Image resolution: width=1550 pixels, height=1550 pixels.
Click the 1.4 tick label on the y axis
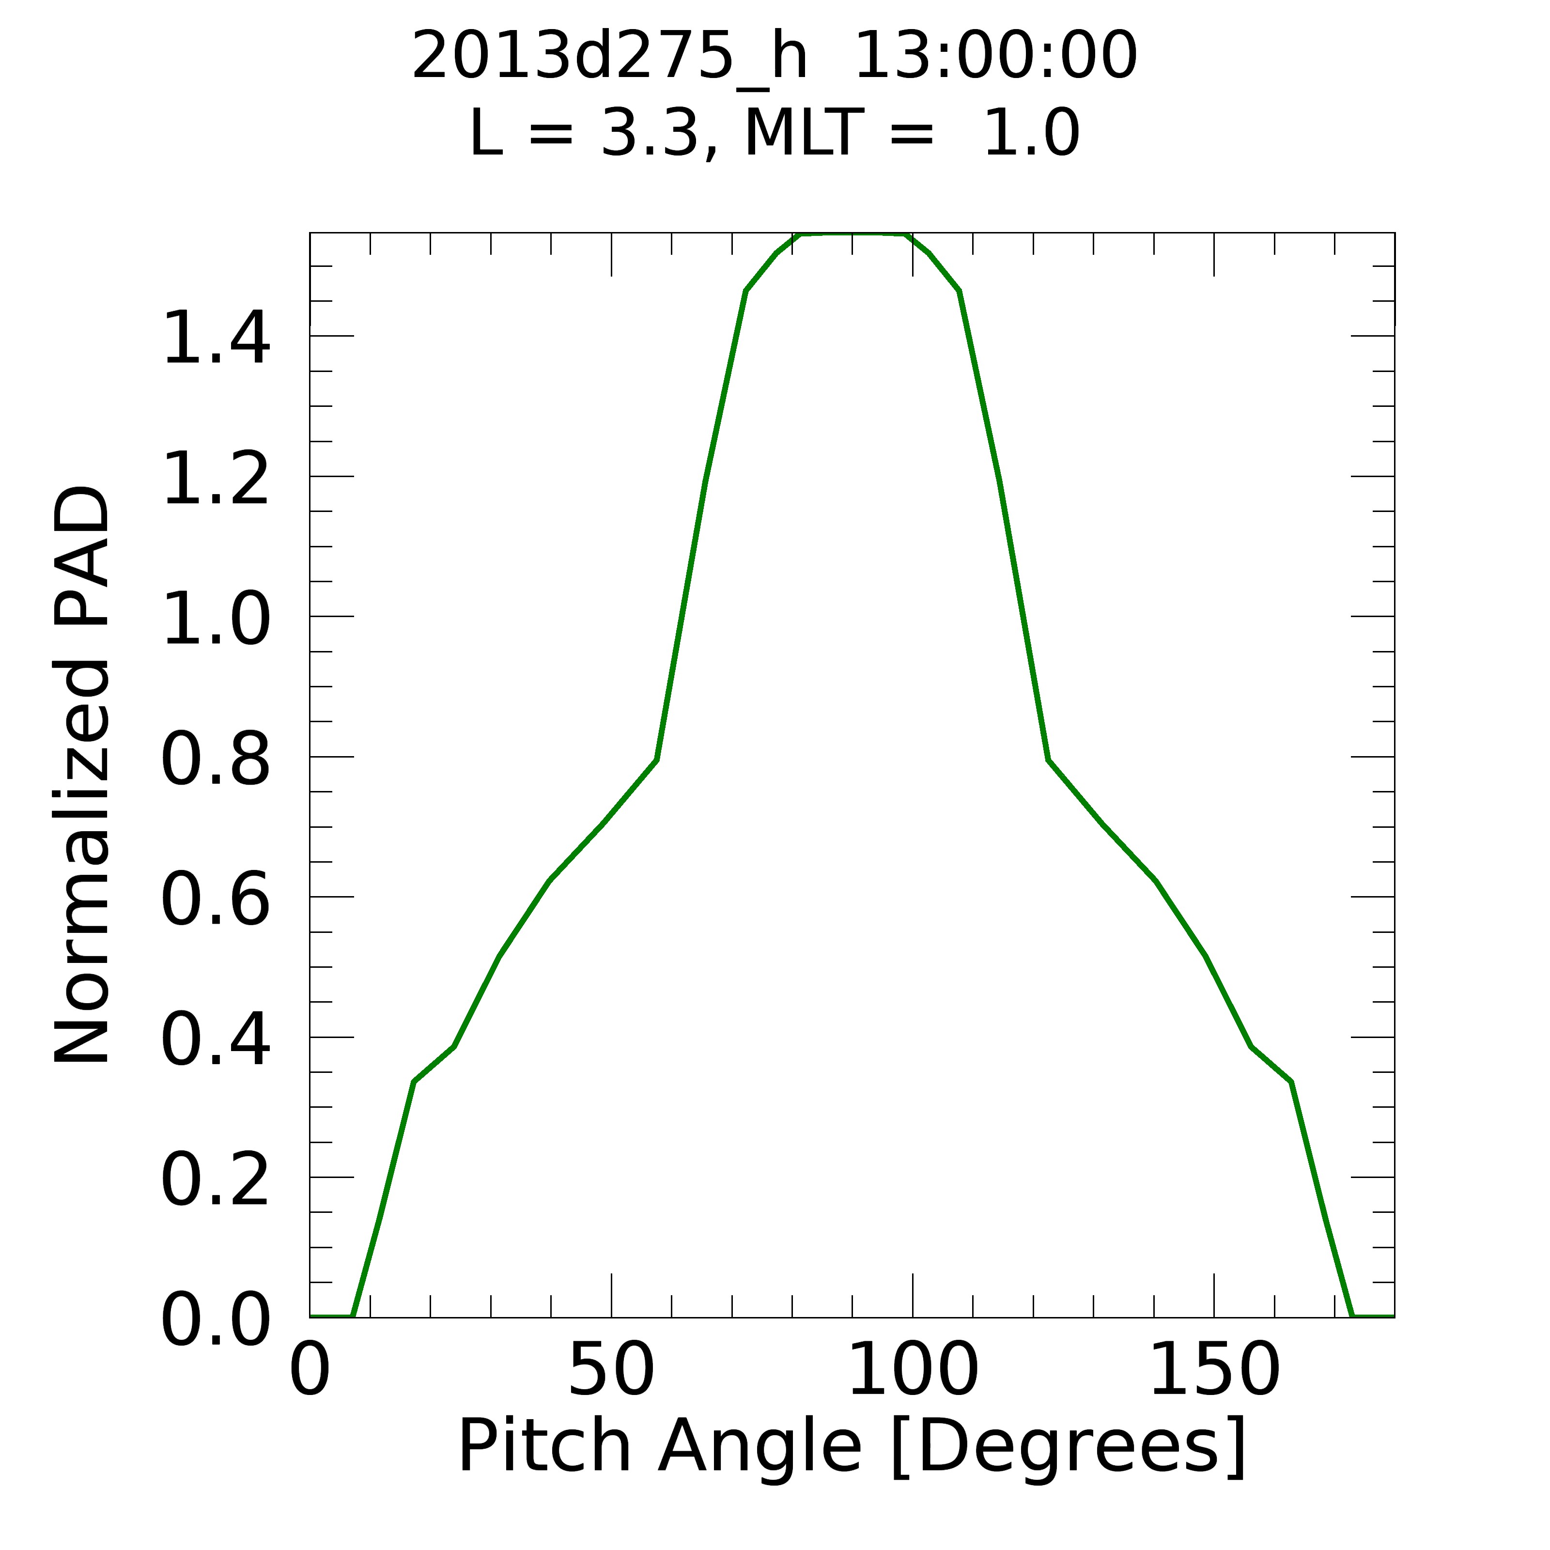pyautogui.click(x=215, y=340)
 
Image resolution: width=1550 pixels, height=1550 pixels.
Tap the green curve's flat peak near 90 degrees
pyautogui.click(x=852, y=234)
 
